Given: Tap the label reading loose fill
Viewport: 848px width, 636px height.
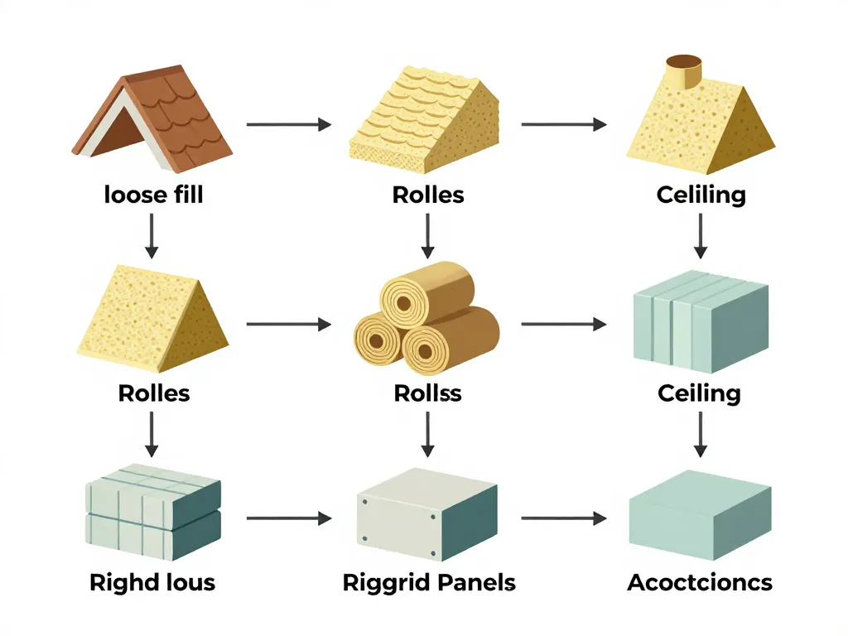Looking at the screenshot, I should click(154, 195).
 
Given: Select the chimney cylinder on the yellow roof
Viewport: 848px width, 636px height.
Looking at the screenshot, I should click(684, 72).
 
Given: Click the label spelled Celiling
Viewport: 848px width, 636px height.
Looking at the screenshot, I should click(701, 195).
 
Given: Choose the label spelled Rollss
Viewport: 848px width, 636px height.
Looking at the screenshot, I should click(427, 393).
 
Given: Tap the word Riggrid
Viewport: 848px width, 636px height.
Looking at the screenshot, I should click(386, 583).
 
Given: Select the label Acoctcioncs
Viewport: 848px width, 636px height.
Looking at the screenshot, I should click(700, 582).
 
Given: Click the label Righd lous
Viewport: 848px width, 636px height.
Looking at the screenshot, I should click(152, 582).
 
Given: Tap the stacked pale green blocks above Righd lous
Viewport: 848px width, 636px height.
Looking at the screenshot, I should click(154, 509).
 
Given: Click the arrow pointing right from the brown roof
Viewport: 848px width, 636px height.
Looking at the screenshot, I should click(288, 125).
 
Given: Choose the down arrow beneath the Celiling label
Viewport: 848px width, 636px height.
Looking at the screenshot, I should click(701, 235).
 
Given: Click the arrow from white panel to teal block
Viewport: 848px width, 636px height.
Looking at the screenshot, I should click(563, 519).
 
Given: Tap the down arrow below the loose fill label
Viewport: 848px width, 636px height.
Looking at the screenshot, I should click(151, 235).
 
